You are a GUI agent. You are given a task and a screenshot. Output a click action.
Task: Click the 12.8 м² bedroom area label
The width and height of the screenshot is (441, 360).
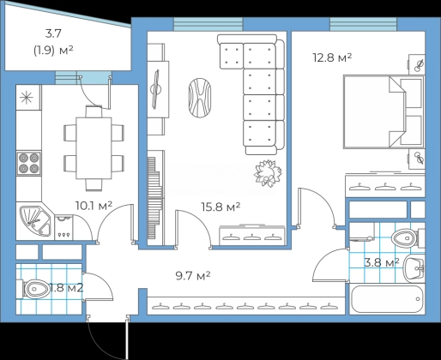pyautogui.click(x=332, y=57)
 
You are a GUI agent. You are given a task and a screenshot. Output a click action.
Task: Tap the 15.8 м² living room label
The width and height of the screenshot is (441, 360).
pyautogui.click(x=220, y=207)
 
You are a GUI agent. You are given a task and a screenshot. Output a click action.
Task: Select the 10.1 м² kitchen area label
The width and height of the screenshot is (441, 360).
pyautogui.click(x=94, y=206)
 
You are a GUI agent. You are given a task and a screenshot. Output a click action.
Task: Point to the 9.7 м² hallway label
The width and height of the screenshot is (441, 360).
pyautogui.click(x=193, y=276)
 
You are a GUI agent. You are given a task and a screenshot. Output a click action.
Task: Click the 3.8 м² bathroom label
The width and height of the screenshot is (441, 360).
pyautogui.click(x=382, y=262)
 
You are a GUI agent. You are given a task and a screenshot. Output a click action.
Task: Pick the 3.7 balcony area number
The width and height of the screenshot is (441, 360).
pyautogui.click(x=53, y=33)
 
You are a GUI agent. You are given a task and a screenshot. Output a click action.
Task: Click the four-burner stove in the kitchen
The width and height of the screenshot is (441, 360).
pyautogui.click(x=28, y=163)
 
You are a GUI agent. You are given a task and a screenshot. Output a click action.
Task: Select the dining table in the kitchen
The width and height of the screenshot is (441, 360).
pyautogui.click(x=94, y=148)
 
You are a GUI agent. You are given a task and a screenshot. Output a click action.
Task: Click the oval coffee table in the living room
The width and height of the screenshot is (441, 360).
pyautogui.click(x=200, y=98)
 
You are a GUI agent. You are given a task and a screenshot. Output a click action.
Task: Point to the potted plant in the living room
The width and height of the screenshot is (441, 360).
pyautogui.click(x=268, y=173)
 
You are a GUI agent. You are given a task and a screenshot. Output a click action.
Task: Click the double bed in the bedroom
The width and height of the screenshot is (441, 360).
pyautogui.click(x=384, y=111)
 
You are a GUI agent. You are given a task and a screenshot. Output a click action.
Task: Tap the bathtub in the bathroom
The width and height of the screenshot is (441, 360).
pyautogui.click(x=387, y=299)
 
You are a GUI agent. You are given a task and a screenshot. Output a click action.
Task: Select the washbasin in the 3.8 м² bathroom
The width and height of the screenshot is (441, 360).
pyautogui.click(x=414, y=268)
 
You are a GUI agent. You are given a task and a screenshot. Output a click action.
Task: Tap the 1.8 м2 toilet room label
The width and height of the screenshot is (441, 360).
pyautogui.click(x=66, y=288)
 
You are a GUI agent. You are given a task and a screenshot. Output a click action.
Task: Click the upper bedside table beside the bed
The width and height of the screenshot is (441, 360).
pyautogui.click(x=416, y=64)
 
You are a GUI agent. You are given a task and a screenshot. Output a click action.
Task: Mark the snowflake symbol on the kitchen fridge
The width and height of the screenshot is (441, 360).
pyautogui.click(x=27, y=98)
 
